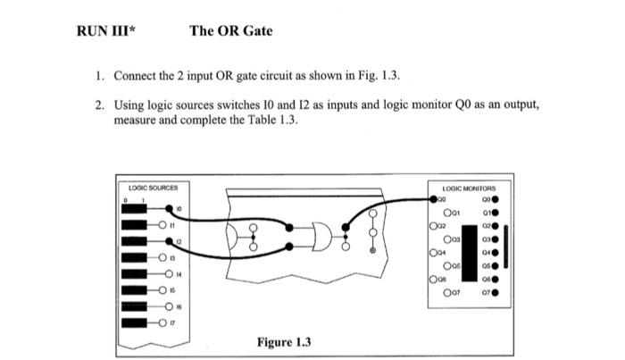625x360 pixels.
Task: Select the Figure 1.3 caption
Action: (x=284, y=342)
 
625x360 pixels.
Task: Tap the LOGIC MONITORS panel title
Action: (x=474, y=188)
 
